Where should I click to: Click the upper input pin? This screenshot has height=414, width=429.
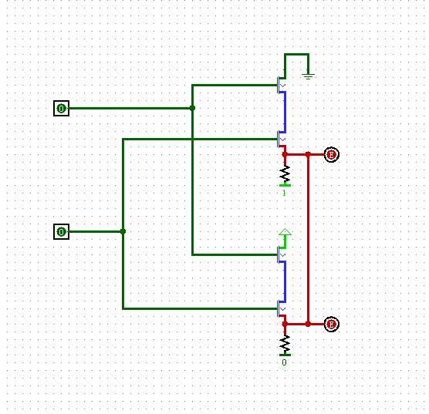pos(62,109)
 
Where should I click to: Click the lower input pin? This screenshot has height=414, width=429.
pos(62,231)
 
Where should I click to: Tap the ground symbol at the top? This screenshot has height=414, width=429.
pos(309,75)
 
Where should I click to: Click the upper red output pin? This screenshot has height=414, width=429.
pos(331,155)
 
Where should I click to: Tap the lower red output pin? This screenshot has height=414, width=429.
pos(331,325)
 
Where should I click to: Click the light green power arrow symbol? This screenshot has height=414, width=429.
pos(285,232)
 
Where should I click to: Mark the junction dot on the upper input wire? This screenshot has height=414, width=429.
pos(192,109)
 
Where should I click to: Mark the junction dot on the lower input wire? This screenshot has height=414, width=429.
pos(123,231)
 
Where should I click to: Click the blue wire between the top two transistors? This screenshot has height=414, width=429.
pos(285,112)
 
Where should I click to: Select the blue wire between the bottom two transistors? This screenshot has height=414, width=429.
pos(285,282)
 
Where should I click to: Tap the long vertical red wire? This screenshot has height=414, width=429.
pos(308,239)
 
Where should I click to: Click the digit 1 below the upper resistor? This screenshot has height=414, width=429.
pos(284,193)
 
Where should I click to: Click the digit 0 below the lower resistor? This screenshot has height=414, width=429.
pos(284,362)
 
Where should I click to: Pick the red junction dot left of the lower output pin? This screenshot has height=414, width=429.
pos(308,325)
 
